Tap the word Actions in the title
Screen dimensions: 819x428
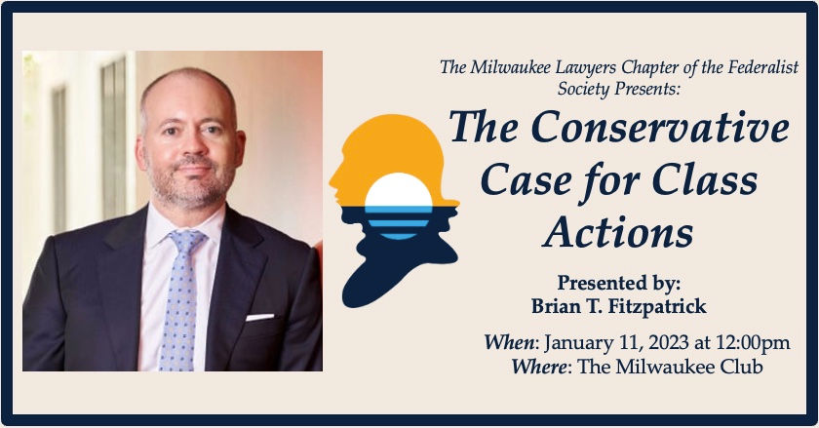coord(618,232)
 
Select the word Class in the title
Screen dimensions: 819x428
coord(705,179)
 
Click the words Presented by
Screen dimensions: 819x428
coord(619,284)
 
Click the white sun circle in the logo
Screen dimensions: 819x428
coord(399,190)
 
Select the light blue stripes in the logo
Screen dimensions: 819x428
coord(399,222)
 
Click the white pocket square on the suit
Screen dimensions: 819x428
coord(259,317)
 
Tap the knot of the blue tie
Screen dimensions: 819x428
coord(186,242)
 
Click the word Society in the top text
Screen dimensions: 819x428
coord(583,89)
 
